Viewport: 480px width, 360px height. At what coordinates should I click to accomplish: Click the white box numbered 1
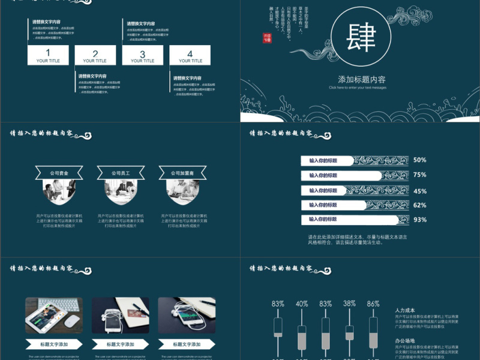[48, 55]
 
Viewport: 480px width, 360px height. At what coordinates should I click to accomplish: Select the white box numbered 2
[95, 56]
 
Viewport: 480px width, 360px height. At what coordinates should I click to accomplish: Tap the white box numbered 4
[190, 56]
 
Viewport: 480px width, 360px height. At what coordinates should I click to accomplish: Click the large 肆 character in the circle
[361, 38]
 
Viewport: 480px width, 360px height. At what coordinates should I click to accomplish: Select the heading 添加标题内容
[361, 79]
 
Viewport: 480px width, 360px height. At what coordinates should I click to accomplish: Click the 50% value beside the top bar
[419, 160]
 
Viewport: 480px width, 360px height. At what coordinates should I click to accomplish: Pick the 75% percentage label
[419, 175]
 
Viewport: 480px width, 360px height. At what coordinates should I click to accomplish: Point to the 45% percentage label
[419, 191]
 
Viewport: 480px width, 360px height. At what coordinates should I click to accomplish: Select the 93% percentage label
[419, 220]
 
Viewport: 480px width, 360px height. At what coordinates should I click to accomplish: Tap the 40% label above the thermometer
[302, 304]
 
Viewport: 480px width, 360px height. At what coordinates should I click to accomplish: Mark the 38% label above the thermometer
[349, 304]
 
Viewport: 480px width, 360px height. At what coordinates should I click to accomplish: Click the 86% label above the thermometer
[373, 304]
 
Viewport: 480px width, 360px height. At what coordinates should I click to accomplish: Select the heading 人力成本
[405, 310]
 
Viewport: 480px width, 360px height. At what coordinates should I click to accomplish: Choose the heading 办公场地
[405, 340]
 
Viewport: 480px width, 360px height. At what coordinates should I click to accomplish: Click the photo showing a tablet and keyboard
[53, 316]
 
